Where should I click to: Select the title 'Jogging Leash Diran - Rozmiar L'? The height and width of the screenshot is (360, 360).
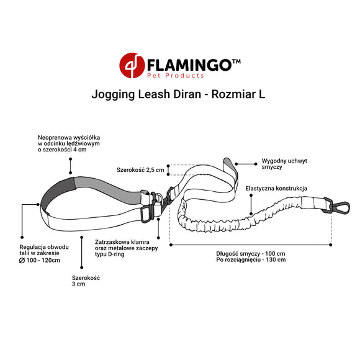point(179,97)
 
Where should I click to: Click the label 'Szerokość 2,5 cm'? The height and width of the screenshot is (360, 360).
point(140,169)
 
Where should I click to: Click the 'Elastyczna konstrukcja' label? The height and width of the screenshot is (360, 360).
point(276,189)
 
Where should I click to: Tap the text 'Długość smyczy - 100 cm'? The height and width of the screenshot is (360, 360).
point(251,253)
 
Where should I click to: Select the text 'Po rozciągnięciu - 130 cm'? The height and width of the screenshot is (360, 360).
point(251,260)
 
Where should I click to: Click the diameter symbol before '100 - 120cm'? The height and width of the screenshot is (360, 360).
point(22,259)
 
